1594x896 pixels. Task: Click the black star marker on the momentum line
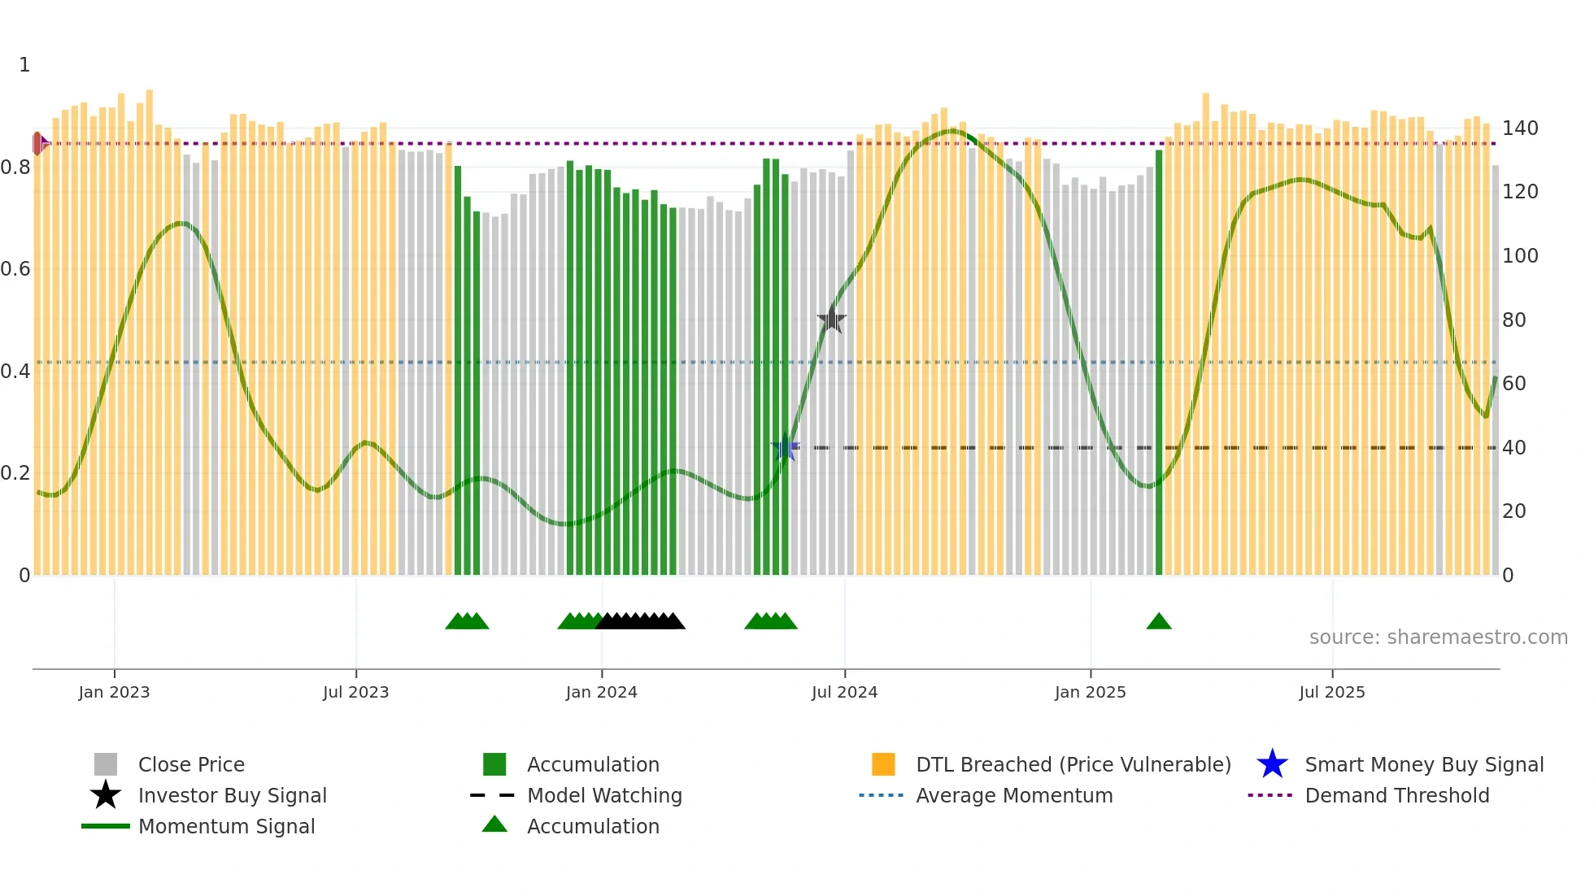tap(831, 320)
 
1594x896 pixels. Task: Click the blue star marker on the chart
tap(785, 447)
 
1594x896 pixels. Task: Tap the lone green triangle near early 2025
tap(1158, 622)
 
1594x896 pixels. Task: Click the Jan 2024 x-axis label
tap(601, 692)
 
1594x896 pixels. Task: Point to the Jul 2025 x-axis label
tap(1331, 692)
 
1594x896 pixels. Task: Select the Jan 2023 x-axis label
tap(114, 692)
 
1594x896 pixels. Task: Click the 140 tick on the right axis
tap(1519, 128)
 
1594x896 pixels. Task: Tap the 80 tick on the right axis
tap(1513, 320)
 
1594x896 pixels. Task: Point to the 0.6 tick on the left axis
tap(15, 269)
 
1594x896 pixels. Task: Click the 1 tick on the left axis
tap(24, 65)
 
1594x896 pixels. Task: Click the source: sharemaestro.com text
tap(1438, 637)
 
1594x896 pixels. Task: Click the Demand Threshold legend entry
tap(1396, 795)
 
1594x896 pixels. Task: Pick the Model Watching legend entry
tap(603, 795)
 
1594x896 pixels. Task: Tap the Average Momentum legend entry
tap(1013, 795)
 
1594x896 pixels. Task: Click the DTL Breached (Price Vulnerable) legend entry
tap(1073, 764)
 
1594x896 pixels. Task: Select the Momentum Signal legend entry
tap(226, 826)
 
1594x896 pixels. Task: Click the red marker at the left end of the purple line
tap(37, 144)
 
